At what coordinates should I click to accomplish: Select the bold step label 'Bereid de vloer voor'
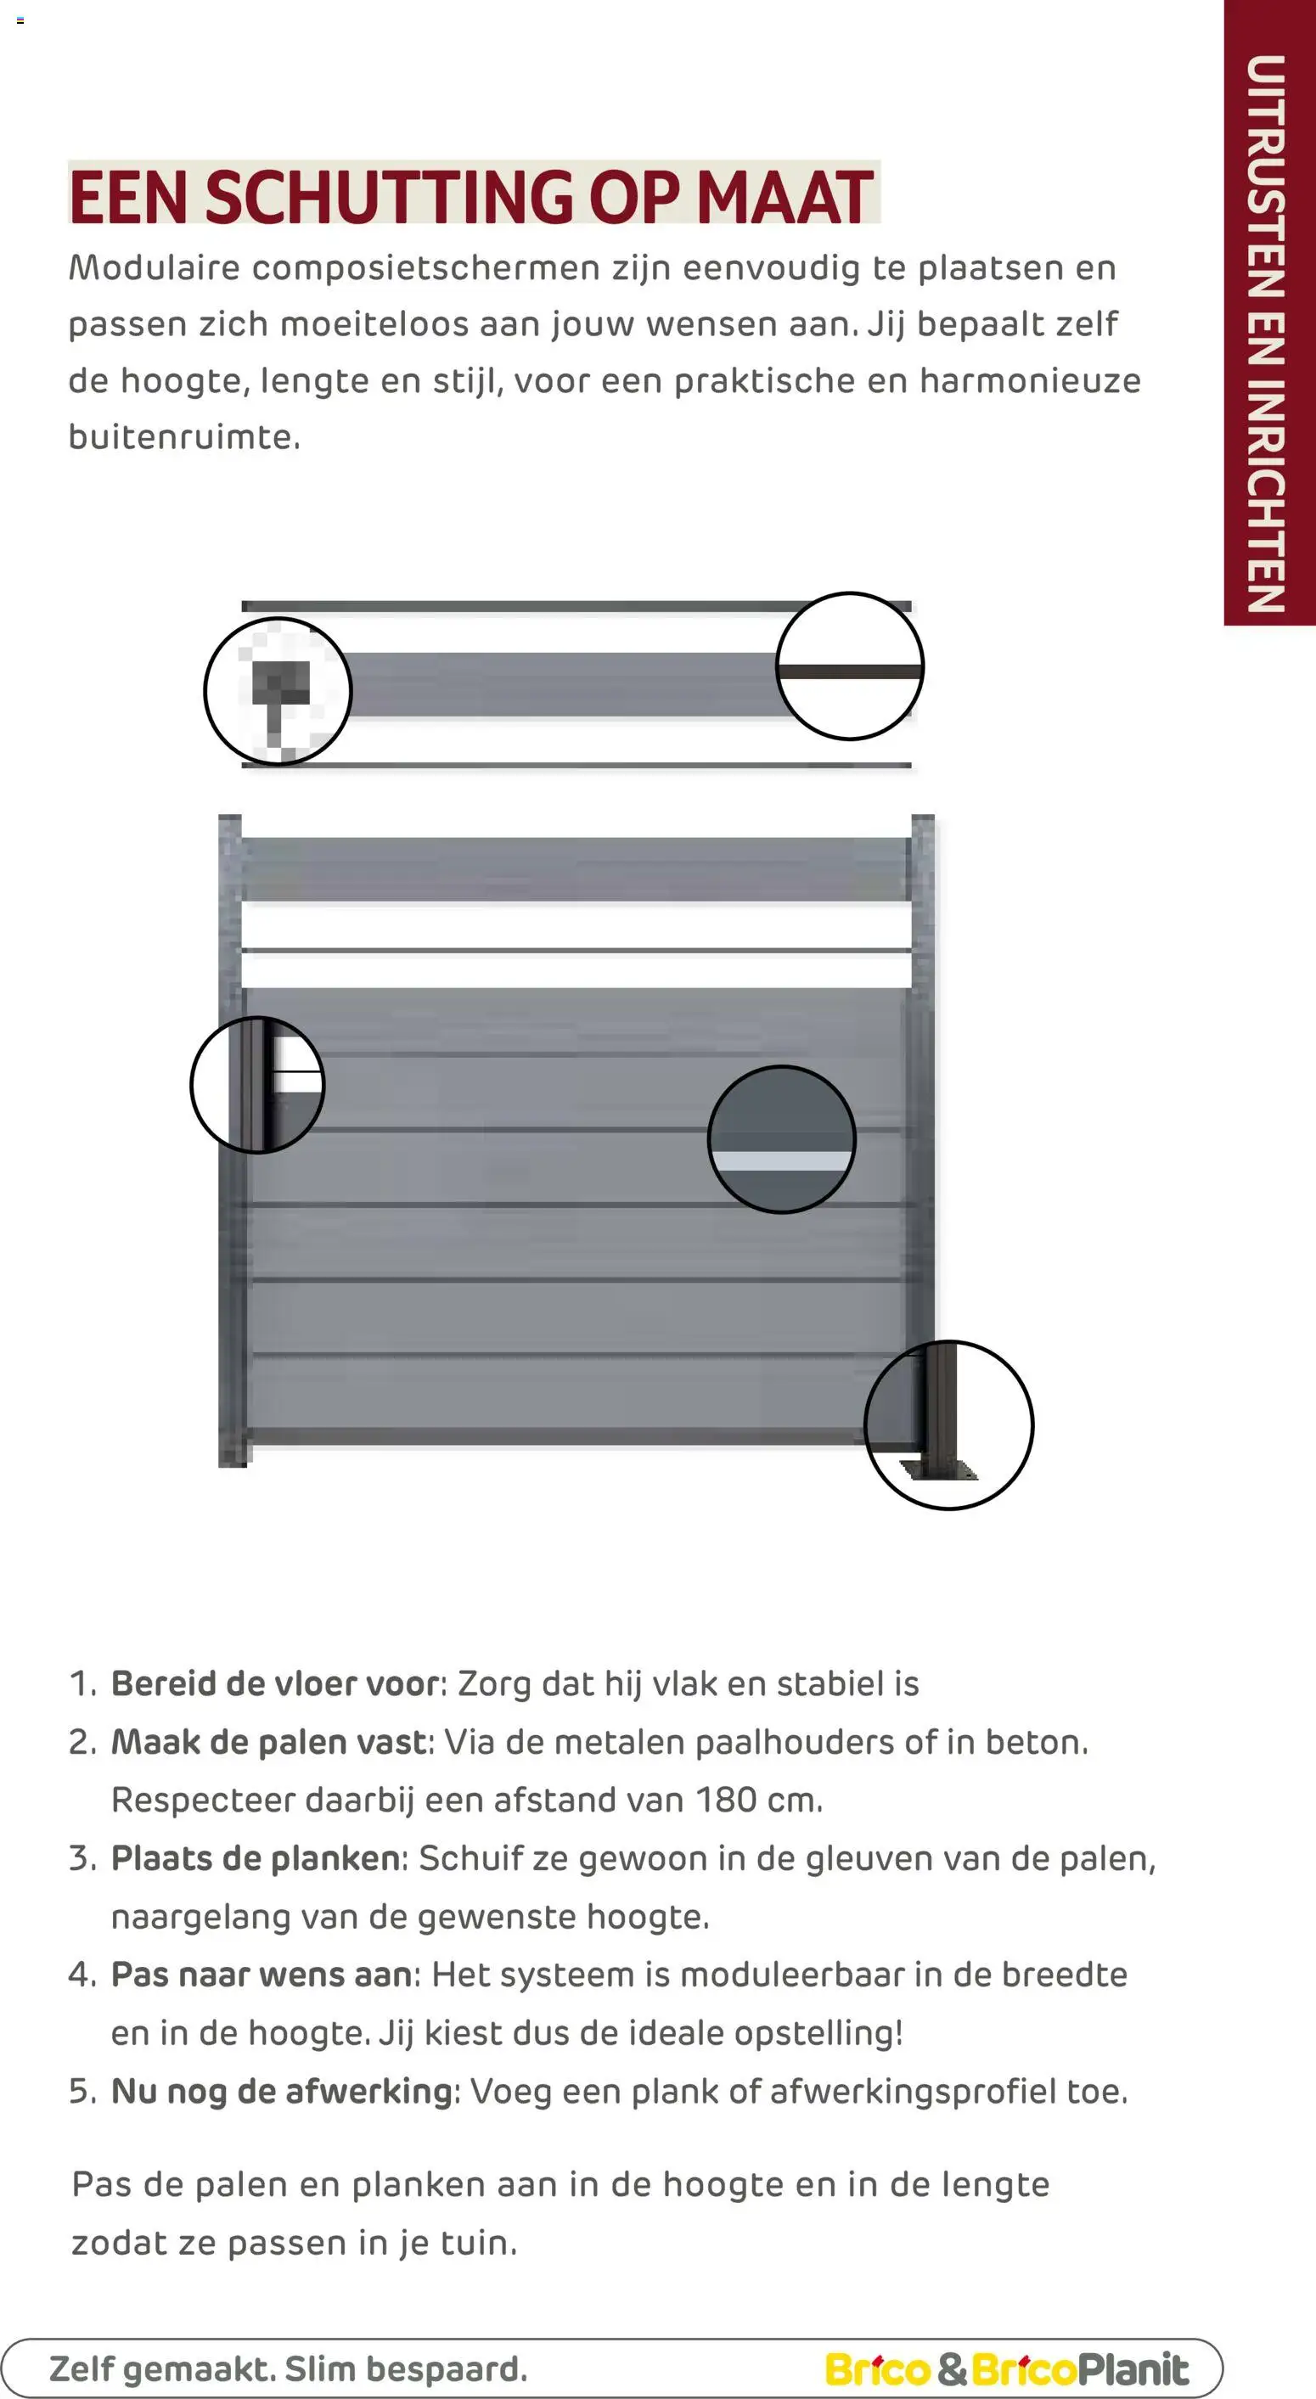coord(275,1683)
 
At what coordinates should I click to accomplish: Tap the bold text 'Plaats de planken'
coord(256,1858)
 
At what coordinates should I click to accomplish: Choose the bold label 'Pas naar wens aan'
coord(262,1975)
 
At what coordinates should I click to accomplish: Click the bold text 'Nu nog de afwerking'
coord(281,2091)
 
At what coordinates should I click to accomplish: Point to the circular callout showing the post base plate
coord(948,1424)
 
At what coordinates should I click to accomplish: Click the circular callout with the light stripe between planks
coord(781,1139)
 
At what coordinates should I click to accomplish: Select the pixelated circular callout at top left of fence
coord(278,691)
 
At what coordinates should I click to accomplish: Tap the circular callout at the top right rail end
coord(849,666)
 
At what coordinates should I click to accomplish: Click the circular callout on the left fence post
coord(257,1084)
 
